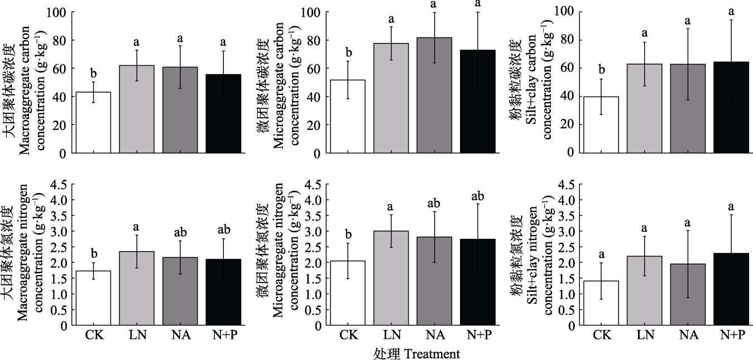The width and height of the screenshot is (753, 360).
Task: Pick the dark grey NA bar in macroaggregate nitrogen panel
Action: pyautogui.click(x=180, y=291)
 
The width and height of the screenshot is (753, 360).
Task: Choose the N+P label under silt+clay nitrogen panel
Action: pyautogui.click(x=731, y=335)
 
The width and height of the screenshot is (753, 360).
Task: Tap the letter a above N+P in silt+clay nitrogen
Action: pyautogui.click(x=731, y=208)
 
